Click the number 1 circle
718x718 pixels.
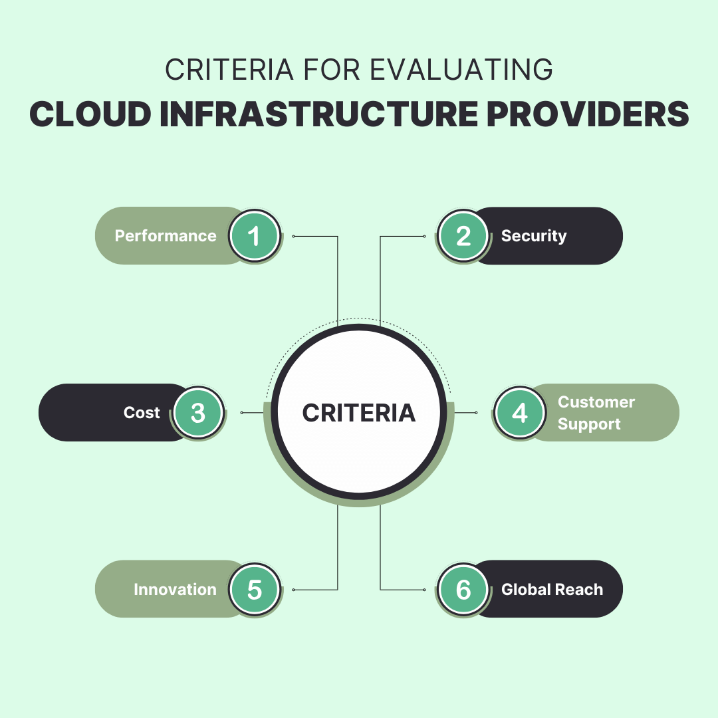pos(255,236)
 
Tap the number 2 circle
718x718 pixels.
pos(463,236)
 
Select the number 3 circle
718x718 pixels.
pos(198,413)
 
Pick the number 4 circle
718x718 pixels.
pos(520,413)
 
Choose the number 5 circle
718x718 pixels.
pos(255,590)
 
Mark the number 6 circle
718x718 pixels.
pos(463,590)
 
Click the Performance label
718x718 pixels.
pos(166,236)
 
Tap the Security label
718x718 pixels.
pos(534,236)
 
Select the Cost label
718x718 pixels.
pos(142,413)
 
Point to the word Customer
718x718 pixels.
pos(596,402)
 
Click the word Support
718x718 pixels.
pos(589,424)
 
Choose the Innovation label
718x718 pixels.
pos(175,590)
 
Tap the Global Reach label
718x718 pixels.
pos(552,590)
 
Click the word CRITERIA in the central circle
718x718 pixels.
pos(359,413)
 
